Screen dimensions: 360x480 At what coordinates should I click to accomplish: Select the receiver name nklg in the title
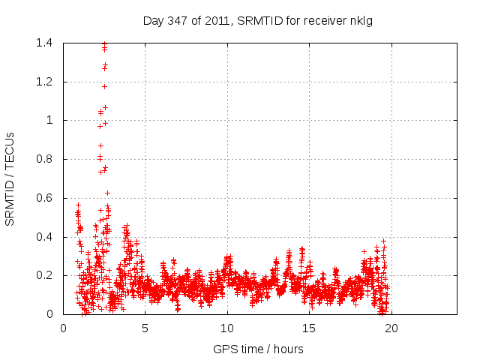(x=361, y=21)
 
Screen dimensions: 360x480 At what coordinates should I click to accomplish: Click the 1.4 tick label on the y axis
(x=44, y=43)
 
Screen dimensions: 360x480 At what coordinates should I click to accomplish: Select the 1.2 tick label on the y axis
(x=44, y=82)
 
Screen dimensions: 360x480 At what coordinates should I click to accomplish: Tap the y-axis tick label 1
(x=49, y=120)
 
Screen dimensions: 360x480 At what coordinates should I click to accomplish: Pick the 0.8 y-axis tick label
(x=44, y=159)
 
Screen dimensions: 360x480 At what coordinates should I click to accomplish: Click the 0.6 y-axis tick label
(x=44, y=198)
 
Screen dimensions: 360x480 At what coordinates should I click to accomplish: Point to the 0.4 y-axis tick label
(x=44, y=237)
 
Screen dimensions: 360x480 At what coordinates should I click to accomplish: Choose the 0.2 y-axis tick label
(x=44, y=275)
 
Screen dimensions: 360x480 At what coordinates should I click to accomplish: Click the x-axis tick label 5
(x=145, y=327)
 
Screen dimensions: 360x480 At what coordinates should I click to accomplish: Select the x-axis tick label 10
(x=227, y=327)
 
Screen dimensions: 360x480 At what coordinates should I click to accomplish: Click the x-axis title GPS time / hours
(x=258, y=349)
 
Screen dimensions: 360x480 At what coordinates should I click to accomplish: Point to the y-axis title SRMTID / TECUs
(x=10, y=178)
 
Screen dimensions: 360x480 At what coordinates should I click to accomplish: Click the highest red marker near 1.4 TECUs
(x=104, y=43)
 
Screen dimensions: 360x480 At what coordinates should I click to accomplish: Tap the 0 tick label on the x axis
(x=63, y=327)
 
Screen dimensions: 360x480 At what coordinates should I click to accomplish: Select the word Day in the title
(x=153, y=21)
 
